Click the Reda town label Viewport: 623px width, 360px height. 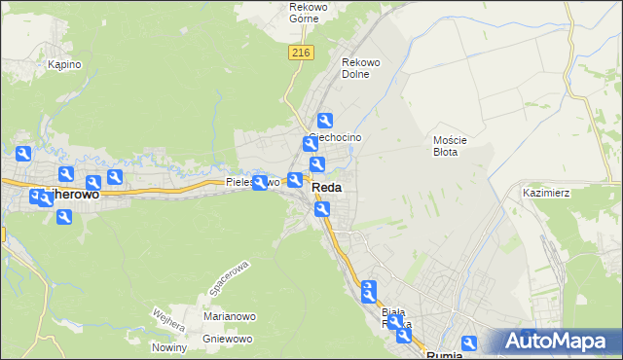(327, 188)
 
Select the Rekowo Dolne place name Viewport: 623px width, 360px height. (360, 69)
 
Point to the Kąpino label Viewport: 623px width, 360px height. (64, 64)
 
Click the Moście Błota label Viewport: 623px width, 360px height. (450, 146)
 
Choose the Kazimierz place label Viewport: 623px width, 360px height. (545, 193)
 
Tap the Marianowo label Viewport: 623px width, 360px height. (229, 316)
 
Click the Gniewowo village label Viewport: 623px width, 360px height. (229, 339)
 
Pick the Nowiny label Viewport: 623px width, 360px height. (169, 347)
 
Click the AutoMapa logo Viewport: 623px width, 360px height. (561, 342)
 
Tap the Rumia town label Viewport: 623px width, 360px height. (446, 354)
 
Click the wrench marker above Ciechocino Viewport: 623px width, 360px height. (325, 121)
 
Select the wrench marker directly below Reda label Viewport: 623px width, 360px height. (322, 209)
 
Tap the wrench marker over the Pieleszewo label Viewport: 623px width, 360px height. (260, 182)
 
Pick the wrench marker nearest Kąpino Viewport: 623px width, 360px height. (23, 154)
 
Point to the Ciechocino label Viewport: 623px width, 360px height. (337, 138)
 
